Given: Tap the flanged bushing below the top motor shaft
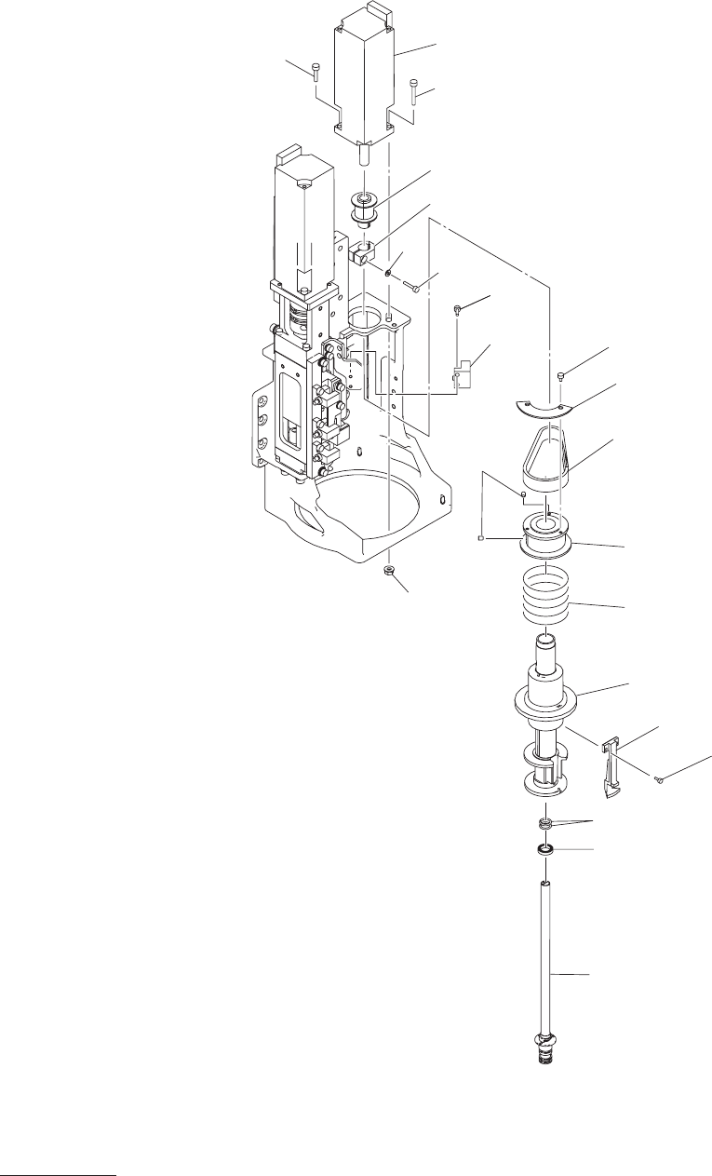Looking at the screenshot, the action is click(x=365, y=210).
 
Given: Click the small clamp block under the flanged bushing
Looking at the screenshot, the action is click(x=364, y=253).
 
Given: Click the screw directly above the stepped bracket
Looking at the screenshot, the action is click(x=458, y=308).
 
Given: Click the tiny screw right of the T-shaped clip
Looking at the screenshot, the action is click(x=659, y=779).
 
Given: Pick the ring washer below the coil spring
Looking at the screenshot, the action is click(x=546, y=849).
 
